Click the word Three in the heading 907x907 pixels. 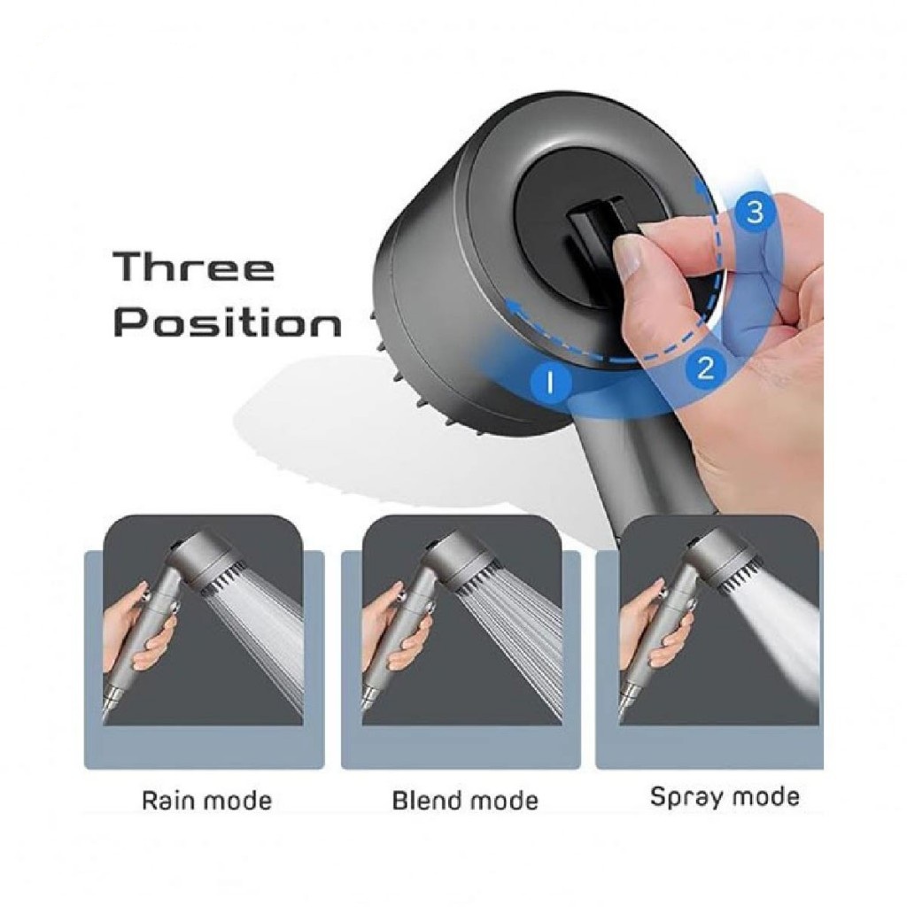(194, 267)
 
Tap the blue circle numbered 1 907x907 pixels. (550, 381)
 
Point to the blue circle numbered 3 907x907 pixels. (755, 213)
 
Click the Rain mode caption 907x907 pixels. (206, 801)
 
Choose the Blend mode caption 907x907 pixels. (465, 801)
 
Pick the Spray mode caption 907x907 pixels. (725, 797)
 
